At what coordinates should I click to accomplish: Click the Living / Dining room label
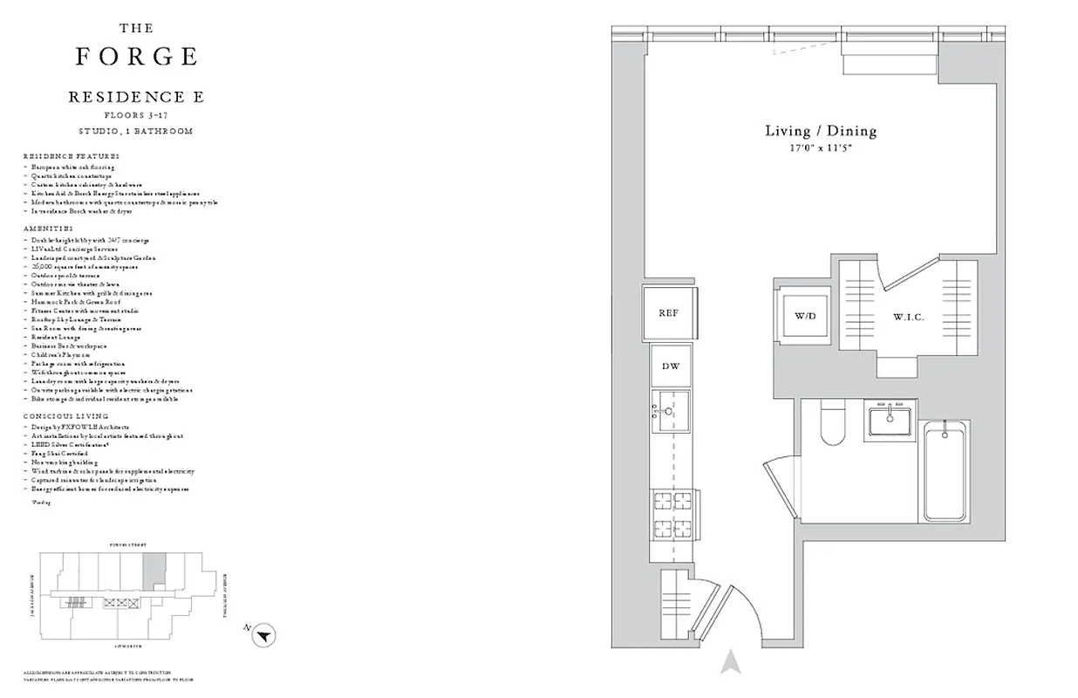coord(820,131)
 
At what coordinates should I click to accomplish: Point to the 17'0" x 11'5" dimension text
coord(820,149)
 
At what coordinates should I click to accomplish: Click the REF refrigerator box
coord(668,313)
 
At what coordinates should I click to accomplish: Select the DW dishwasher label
coord(670,366)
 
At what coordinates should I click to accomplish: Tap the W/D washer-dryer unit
coord(804,315)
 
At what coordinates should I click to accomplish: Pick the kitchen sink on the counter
coord(670,412)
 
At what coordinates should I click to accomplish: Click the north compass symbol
coord(264,636)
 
